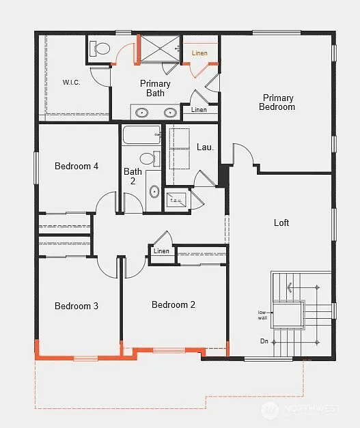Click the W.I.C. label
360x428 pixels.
click(x=71, y=83)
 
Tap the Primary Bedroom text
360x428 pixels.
click(x=278, y=102)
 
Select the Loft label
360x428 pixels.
click(x=281, y=223)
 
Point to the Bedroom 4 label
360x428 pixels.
click(x=77, y=166)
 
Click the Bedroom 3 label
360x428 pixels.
click(x=77, y=306)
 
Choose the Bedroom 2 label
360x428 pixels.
click(x=174, y=304)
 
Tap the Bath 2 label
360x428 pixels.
click(x=133, y=176)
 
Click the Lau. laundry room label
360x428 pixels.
click(x=205, y=147)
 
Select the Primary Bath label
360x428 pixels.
click(x=155, y=88)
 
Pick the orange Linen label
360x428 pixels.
click(x=199, y=53)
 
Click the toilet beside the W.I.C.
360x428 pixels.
click(x=100, y=48)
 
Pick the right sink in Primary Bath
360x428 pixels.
click(x=169, y=112)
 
